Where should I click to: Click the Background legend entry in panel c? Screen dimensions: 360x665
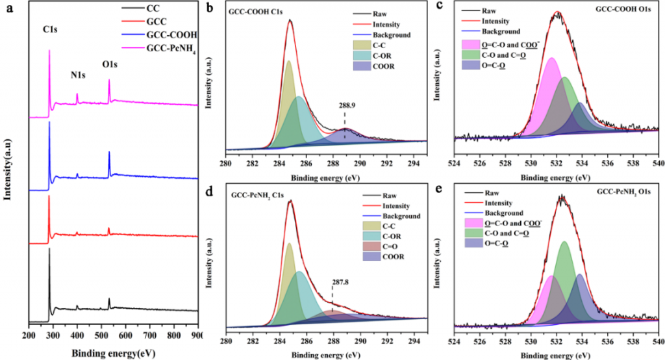coord(501,31)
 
